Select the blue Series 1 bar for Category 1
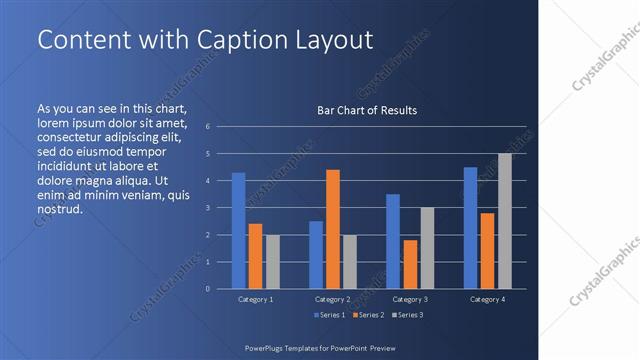238,230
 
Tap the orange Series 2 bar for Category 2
333,229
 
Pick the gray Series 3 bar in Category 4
505,221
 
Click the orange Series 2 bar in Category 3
410,264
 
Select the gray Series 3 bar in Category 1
273,261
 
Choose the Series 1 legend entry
331,315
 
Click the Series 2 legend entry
367,315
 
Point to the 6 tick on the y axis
207,127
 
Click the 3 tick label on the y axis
207,208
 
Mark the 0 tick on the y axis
207,289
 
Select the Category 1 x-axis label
256,299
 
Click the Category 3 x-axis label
410,299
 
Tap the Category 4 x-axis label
487,299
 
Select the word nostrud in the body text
59,210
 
